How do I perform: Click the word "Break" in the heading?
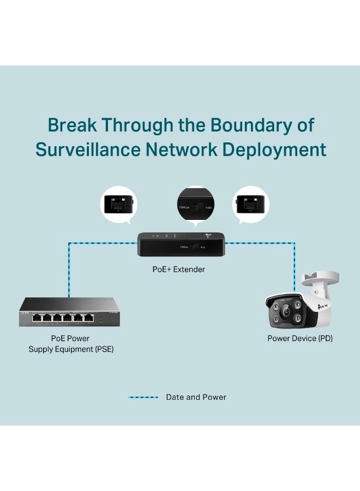pos(73,125)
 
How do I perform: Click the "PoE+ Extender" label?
pos(179,270)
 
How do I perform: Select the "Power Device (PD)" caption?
pos(299,339)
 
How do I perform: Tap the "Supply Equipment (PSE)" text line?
pos(71,349)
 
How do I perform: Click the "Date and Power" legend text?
pos(196,397)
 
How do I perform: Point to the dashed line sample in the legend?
pos(143,397)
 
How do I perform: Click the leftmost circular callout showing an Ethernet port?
pos(118,205)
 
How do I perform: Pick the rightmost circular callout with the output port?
pos(251,205)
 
